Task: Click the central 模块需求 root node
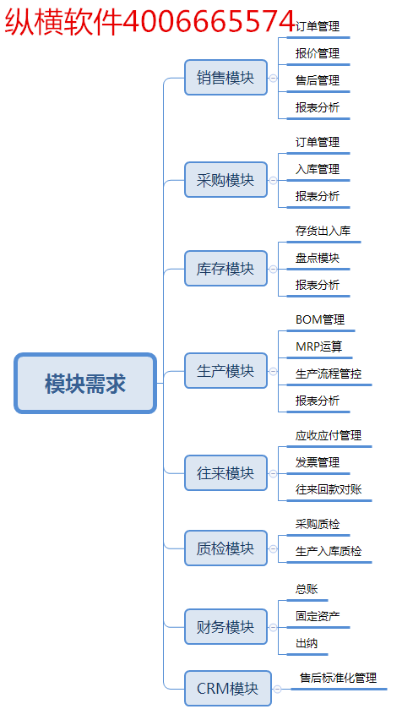85,384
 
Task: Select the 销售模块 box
225,78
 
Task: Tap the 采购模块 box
225,180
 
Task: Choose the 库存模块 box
225,269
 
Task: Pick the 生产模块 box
225,370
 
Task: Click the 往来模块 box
225,473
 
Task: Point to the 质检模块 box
225,548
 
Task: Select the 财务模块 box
225,627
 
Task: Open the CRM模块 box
228,689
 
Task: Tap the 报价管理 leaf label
318,54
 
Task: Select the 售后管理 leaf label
318,81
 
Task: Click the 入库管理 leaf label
318,170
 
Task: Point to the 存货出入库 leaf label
323,231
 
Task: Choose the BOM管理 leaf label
320,319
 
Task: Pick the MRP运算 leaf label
319,346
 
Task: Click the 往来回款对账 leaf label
329,489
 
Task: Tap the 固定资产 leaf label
318,616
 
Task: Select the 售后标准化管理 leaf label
338,678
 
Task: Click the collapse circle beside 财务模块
273,627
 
